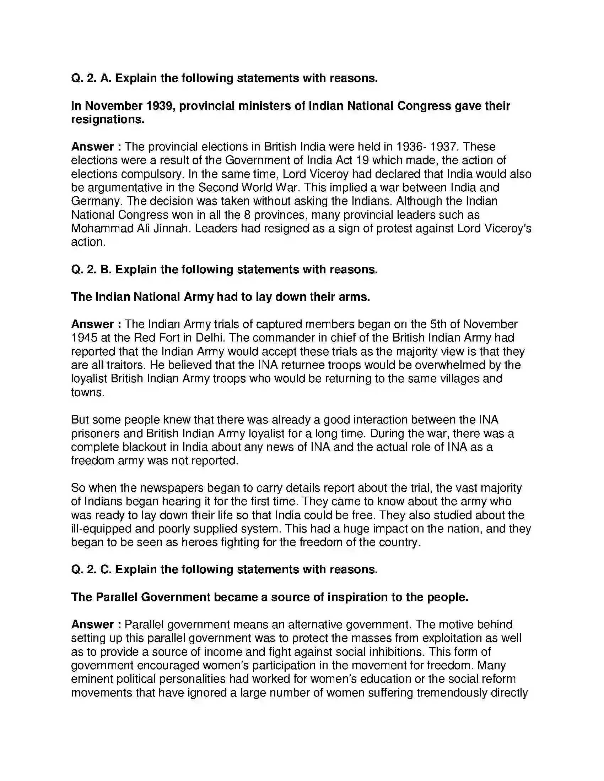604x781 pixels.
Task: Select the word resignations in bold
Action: pyautogui.click(x=107, y=119)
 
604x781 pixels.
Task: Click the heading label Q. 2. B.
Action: pyautogui.click(x=91, y=269)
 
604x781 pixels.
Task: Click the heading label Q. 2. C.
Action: pyautogui.click(x=91, y=570)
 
